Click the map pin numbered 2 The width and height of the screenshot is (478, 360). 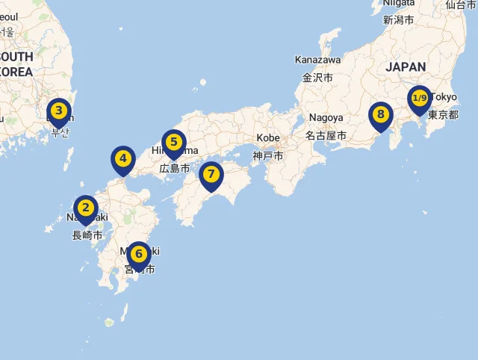tap(86, 208)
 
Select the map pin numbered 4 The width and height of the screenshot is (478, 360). tap(123, 159)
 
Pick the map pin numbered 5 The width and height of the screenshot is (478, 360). tap(173, 142)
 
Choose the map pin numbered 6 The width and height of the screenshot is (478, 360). tap(138, 254)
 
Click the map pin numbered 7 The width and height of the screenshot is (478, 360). tap(211, 175)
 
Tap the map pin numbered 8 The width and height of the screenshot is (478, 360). tap(380, 115)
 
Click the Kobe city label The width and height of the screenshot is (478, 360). tap(268, 138)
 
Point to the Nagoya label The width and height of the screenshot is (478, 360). tap(325, 118)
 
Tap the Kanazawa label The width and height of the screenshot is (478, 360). tap(317, 60)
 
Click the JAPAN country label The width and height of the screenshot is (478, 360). tap(406, 67)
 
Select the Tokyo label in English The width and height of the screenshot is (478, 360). tap(444, 97)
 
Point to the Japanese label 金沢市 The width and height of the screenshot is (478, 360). tap(317, 77)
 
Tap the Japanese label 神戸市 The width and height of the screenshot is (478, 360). tap(268, 156)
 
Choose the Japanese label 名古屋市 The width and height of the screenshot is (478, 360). tap(326, 136)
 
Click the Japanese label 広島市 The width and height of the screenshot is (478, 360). tap(175, 169)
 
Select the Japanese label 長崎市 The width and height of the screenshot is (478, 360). tap(87, 236)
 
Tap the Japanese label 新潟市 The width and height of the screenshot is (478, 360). tap(398, 20)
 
